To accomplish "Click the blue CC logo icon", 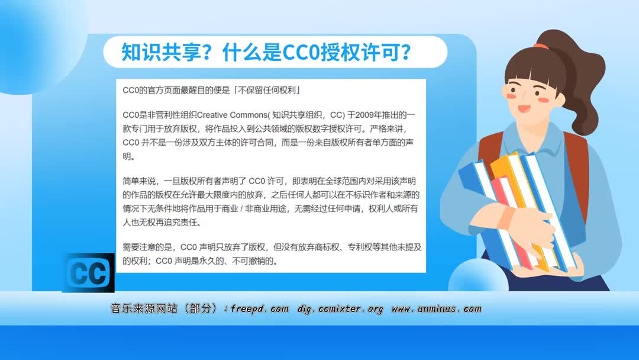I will (x=88, y=273).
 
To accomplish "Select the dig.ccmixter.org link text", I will (x=340, y=309).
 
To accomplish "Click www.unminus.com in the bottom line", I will (x=437, y=309).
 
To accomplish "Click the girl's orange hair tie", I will (x=541, y=45).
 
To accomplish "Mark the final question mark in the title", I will (x=404, y=52).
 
